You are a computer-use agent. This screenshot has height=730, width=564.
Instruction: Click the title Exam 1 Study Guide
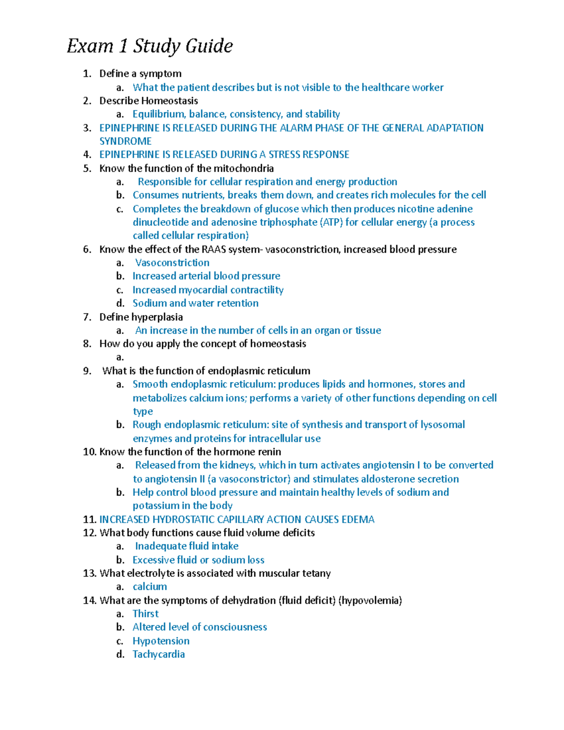click(149, 46)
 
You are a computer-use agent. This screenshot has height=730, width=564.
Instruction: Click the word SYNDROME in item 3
click(125, 141)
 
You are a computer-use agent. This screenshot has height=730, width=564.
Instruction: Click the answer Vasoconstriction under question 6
click(172, 263)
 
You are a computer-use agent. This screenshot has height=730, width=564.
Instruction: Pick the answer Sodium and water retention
click(195, 303)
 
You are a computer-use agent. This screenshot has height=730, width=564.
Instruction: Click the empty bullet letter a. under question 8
click(120, 357)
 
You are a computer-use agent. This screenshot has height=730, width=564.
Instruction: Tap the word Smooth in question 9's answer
click(150, 384)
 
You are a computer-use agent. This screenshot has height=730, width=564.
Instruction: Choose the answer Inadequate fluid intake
click(187, 546)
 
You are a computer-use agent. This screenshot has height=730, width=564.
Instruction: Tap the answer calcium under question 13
click(149, 587)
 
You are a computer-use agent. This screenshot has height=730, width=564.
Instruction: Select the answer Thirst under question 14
click(145, 613)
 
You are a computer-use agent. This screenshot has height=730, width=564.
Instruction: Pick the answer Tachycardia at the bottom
click(158, 654)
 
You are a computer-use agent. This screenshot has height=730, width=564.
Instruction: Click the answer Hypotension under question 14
click(161, 641)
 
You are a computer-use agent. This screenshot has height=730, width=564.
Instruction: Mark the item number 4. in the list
click(87, 155)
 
